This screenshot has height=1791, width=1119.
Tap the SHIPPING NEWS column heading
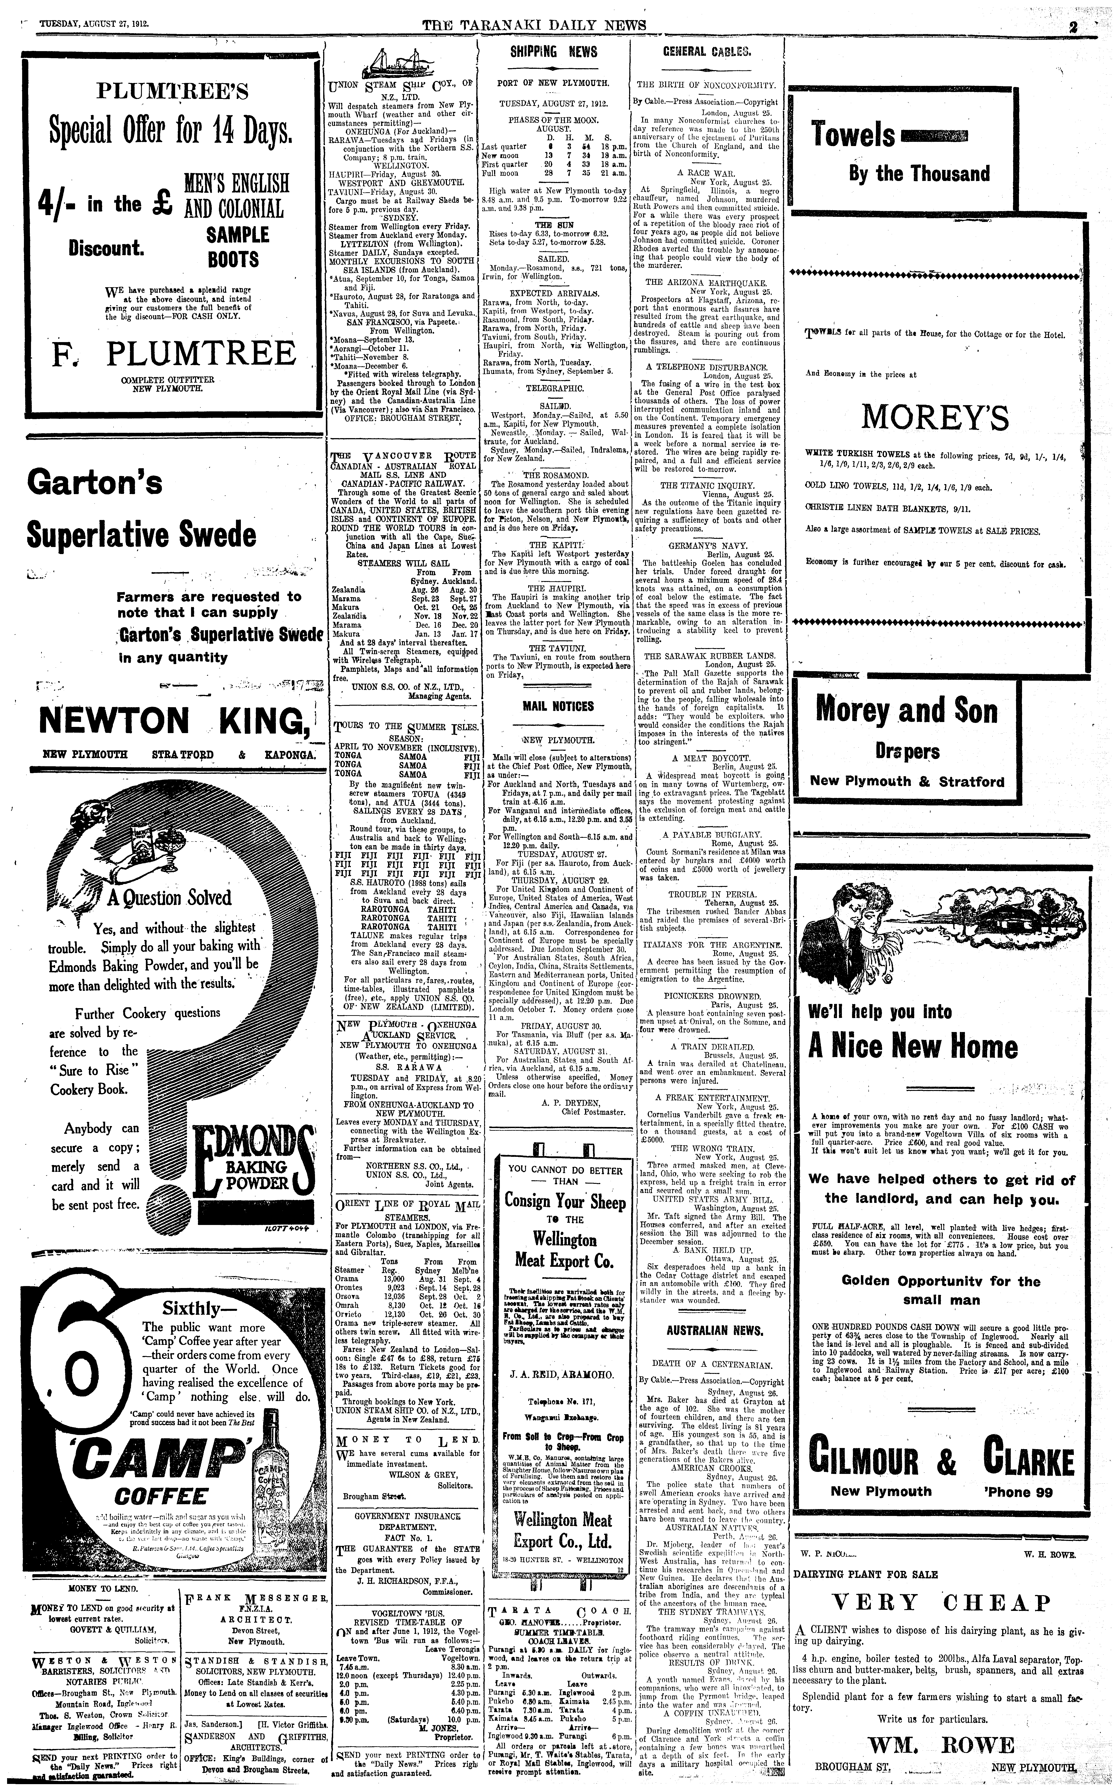[x=554, y=52]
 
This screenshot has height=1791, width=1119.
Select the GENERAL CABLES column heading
[x=707, y=52]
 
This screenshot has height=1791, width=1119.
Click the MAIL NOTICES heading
[x=554, y=707]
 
